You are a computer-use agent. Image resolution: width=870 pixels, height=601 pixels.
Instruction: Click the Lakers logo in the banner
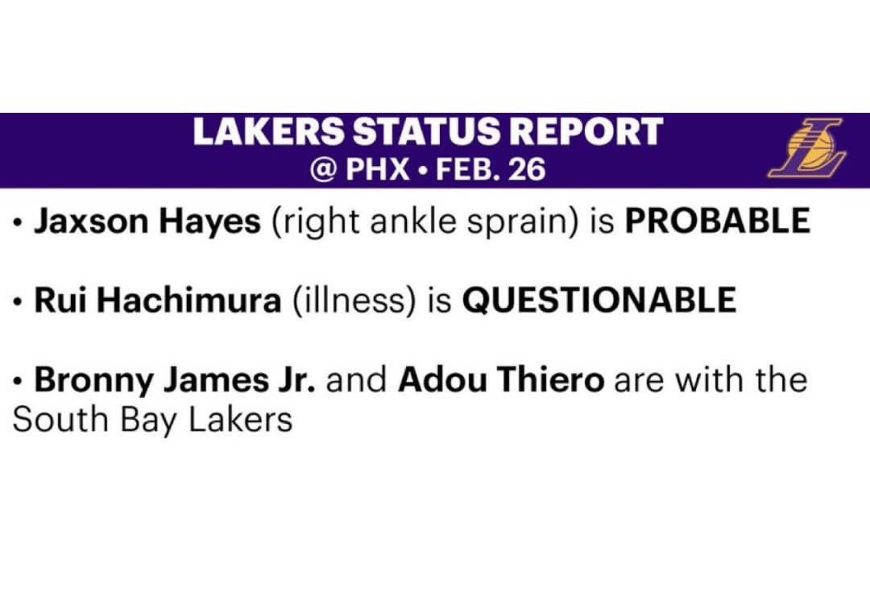coord(806,147)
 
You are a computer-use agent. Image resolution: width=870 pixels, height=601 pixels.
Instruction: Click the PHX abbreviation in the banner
coord(377,169)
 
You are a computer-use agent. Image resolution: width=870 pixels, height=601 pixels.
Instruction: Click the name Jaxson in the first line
coord(91,221)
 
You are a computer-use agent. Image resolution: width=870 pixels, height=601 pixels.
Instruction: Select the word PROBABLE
coord(718,220)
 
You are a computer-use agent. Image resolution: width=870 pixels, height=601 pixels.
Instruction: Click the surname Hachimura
coord(190,300)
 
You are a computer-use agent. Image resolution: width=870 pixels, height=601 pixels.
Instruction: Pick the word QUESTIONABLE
coord(599,300)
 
